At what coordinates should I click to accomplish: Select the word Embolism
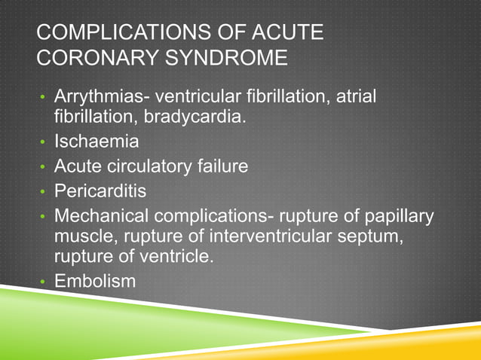tap(95, 282)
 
